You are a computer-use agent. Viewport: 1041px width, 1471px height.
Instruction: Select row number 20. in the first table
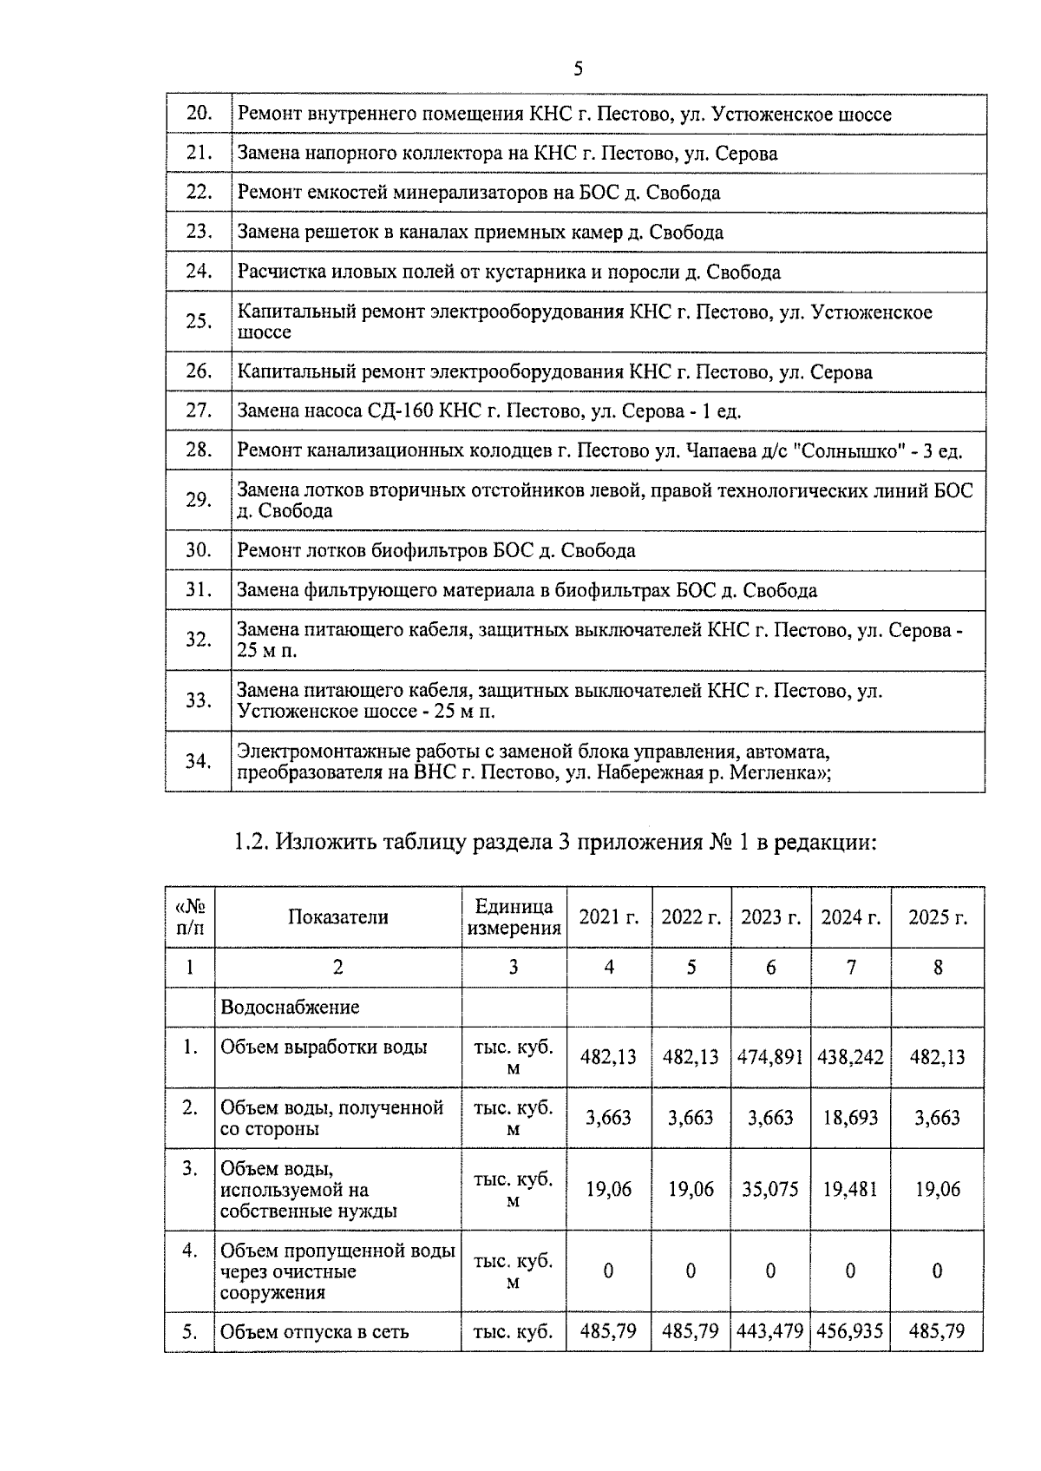(x=199, y=113)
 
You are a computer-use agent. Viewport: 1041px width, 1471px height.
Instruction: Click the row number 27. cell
(x=199, y=410)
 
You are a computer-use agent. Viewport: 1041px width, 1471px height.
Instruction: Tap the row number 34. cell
(x=199, y=761)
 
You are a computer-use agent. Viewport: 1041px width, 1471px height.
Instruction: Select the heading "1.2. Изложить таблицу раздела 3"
(x=555, y=842)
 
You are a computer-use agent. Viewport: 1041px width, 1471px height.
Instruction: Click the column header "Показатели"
(x=338, y=917)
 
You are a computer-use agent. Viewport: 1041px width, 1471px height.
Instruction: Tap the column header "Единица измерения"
(x=514, y=917)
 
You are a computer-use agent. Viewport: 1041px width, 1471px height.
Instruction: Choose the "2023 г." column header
(x=770, y=917)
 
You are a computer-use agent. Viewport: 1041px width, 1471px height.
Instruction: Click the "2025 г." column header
(x=937, y=917)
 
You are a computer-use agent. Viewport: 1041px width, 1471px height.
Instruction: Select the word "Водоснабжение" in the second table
(x=290, y=1008)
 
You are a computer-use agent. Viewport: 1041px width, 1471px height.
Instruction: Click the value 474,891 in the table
(x=770, y=1057)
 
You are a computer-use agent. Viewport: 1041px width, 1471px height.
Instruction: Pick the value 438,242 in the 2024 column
(x=851, y=1057)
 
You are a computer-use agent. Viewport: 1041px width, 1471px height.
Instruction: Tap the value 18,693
(x=851, y=1118)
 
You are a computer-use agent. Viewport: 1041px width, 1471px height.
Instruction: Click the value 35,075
(x=770, y=1189)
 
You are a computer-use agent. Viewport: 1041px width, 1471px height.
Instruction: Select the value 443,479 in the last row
(x=770, y=1330)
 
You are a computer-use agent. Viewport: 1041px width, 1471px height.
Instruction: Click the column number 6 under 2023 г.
(x=770, y=967)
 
